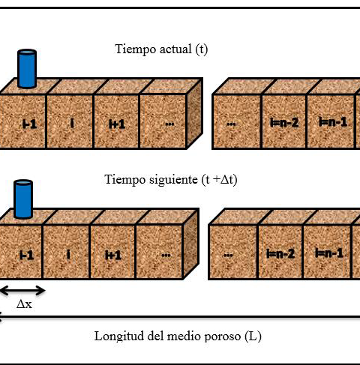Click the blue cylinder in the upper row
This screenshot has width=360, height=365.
[x=27, y=69]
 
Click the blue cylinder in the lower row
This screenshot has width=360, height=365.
[x=23, y=199]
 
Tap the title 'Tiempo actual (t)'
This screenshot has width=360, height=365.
[x=161, y=49]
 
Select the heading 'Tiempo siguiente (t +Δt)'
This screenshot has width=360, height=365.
[x=171, y=180]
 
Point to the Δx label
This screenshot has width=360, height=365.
[x=24, y=304]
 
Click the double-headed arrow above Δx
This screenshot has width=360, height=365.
[x=22, y=291]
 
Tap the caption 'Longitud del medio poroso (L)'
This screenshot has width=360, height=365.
[x=178, y=337]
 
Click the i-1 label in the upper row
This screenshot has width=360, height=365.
[x=30, y=124]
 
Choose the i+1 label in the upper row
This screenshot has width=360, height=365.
[x=117, y=124]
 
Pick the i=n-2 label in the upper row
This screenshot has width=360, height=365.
[x=284, y=123]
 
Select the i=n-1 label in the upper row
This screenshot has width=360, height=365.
[x=333, y=122]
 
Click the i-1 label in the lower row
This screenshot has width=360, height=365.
[x=26, y=255]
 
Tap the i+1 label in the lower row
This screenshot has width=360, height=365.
[x=113, y=256]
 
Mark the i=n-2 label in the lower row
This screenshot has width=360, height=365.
[x=280, y=254]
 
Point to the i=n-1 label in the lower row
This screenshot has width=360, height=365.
[x=329, y=253]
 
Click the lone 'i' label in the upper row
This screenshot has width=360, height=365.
[x=72, y=123]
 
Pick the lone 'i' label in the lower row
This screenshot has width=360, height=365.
[x=69, y=255]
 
